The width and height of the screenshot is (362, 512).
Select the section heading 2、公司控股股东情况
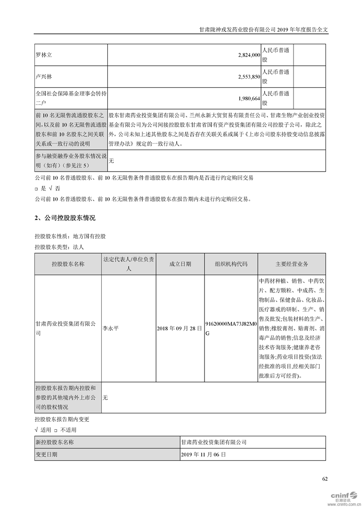click(65, 219)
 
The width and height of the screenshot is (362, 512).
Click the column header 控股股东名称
click(68, 264)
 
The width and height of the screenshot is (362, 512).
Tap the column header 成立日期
click(180, 264)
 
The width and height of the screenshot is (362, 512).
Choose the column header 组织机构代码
click(231, 264)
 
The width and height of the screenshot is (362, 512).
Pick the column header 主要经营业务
click(292, 264)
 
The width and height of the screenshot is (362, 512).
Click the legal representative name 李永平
click(111, 328)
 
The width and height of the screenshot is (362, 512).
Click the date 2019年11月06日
click(204, 455)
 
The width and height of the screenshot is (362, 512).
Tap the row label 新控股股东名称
click(54, 442)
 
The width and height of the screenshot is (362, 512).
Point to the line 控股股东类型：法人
click(59, 247)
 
